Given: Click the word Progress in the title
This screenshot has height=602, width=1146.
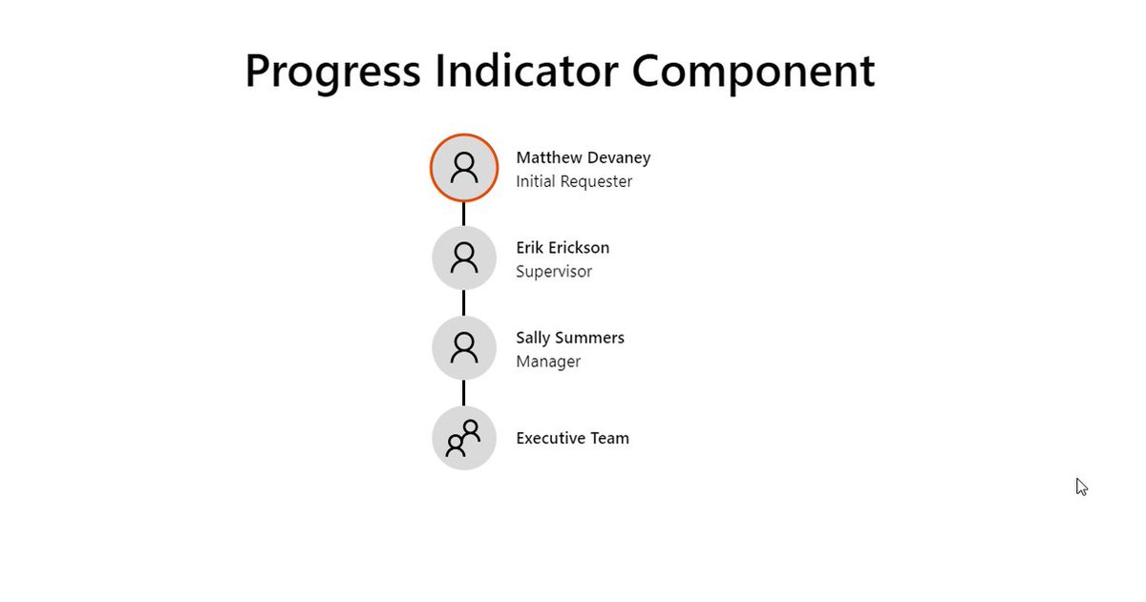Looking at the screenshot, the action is pyautogui.click(x=332, y=73).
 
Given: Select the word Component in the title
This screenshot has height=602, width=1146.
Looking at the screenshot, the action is pyautogui.click(x=753, y=73).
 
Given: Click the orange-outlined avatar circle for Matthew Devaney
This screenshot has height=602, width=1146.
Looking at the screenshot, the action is pyautogui.click(x=464, y=168).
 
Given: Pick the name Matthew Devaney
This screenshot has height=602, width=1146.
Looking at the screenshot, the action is pyautogui.click(x=584, y=158).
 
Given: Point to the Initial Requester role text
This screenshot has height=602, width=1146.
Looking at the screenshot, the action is pyautogui.click(x=574, y=181).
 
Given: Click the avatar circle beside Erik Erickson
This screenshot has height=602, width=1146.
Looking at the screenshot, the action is pyautogui.click(x=464, y=259).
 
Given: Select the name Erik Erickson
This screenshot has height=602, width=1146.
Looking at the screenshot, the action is pyautogui.click(x=562, y=248).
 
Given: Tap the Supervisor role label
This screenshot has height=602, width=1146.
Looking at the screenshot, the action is pyautogui.click(x=554, y=272).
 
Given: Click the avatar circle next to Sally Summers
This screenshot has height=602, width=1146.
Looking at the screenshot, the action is pyautogui.click(x=464, y=348).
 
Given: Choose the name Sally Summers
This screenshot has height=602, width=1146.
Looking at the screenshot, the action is pyautogui.click(x=570, y=339).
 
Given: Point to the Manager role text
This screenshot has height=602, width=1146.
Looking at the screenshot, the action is pyautogui.click(x=548, y=362).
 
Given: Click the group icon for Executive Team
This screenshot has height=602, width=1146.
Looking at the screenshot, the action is pyautogui.click(x=464, y=438).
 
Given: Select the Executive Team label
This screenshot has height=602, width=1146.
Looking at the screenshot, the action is pyautogui.click(x=572, y=438).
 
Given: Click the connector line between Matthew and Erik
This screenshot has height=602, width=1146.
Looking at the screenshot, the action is pyautogui.click(x=464, y=214).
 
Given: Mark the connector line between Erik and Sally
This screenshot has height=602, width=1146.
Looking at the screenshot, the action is pyautogui.click(x=464, y=303).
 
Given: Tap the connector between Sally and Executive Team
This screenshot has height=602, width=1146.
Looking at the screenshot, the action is pyautogui.click(x=464, y=393).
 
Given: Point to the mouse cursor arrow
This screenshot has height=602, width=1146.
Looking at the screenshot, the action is pyautogui.click(x=1081, y=487).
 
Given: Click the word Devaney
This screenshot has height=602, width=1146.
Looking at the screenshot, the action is pyautogui.click(x=619, y=158).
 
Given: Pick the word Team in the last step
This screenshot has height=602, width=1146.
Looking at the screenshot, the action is pyautogui.click(x=609, y=438).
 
